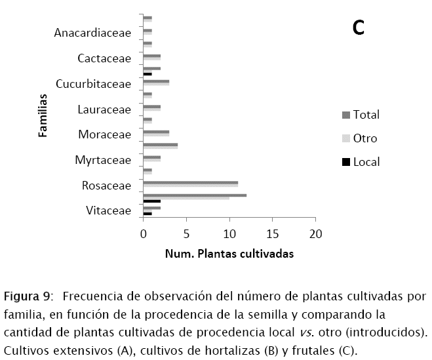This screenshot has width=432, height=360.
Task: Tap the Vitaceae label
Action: click(x=108, y=210)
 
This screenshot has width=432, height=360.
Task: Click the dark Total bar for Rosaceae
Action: click(x=190, y=182)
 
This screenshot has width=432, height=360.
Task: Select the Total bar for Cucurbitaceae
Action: click(x=156, y=81)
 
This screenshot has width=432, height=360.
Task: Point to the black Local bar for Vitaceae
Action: click(x=147, y=213)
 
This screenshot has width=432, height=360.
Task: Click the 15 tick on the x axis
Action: click(x=273, y=234)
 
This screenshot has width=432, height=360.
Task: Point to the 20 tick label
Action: click(x=316, y=234)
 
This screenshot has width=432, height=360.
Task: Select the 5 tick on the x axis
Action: click(x=187, y=234)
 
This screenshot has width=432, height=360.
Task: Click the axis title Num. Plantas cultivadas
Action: click(x=229, y=253)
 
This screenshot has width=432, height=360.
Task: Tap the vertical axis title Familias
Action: click(x=43, y=115)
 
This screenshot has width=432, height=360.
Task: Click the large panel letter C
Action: click(x=358, y=28)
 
